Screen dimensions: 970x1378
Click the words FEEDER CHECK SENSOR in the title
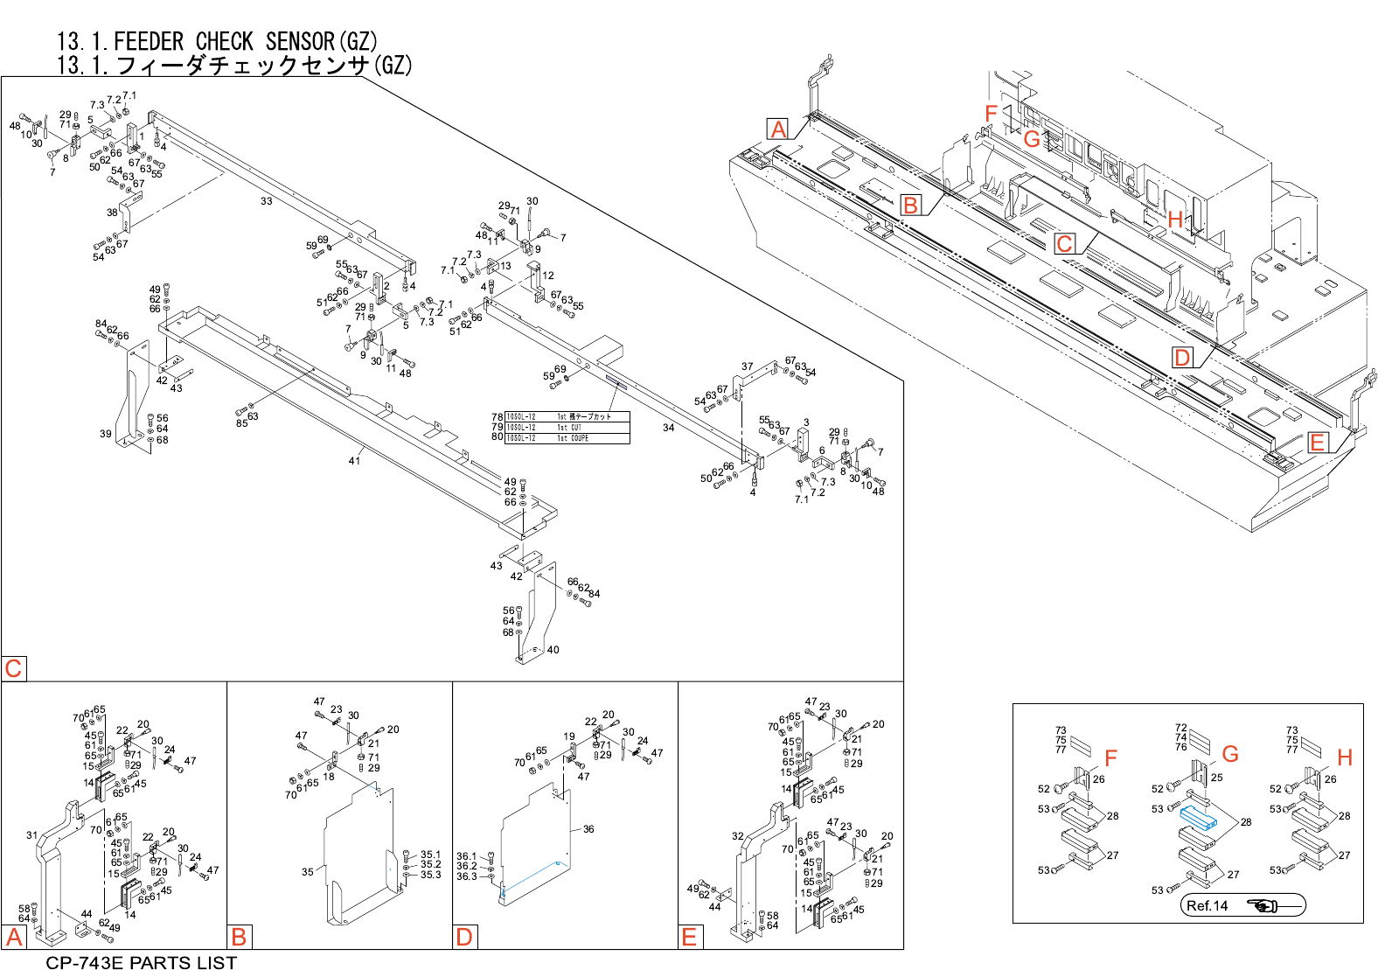point(224,41)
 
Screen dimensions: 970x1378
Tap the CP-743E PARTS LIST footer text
point(141,962)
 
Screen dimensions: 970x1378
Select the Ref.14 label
point(1207,906)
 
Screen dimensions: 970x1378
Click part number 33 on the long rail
point(266,201)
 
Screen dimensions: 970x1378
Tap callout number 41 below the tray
point(354,461)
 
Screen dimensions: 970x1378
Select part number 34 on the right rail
point(668,428)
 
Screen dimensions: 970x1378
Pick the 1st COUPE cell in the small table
point(573,438)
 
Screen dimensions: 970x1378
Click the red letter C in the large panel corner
point(13,669)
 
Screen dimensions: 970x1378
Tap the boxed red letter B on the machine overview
point(911,206)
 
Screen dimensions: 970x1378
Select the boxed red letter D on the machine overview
point(1182,357)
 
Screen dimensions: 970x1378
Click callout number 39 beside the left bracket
point(106,434)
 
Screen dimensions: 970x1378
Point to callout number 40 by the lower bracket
point(553,650)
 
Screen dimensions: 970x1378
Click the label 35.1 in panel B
point(430,855)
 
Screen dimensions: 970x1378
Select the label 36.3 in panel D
point(466,876)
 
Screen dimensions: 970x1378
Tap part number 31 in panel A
point(32,835)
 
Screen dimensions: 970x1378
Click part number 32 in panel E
point(738,836)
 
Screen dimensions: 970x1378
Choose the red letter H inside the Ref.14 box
point(1345,757)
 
